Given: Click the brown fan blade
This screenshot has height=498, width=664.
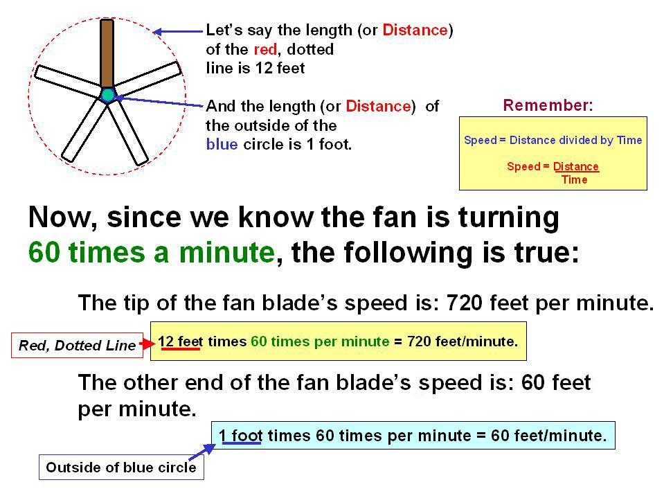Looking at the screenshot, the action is [x=107, y=53].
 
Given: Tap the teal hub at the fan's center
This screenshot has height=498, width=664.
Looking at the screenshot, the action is [x=108, y=96].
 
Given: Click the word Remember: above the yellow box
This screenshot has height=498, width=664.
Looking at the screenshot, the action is [x=548, y=105].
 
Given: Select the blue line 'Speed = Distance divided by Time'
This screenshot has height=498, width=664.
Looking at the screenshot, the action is [x=553, y=140].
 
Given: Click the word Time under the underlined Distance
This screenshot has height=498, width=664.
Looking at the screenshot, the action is [x=574, y=179].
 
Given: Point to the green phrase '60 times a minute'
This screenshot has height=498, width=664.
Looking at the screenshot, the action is [x=152, y=252].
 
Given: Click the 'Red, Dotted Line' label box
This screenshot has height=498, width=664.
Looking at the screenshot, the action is [x=77, y=345].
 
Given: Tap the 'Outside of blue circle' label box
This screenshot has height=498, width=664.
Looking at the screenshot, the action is [x=121, y=467].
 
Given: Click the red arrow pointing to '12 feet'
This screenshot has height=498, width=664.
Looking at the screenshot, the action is [x=149, y=344].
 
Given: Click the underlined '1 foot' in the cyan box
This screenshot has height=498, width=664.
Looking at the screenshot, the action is [x=240, y=436].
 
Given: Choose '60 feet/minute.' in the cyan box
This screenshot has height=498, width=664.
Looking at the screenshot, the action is [x=549, y=436].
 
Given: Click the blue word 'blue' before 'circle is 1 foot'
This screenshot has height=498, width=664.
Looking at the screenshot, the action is [x=222, y=144].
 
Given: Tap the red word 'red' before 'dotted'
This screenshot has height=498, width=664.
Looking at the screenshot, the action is [x=265, y=50].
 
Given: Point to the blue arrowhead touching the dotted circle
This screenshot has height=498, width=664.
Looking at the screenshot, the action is [x=157, y=31].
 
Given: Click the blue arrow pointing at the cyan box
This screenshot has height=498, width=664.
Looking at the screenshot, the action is [x=201, y=452].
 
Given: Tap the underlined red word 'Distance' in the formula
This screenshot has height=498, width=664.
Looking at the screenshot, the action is [x=576, y=166].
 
